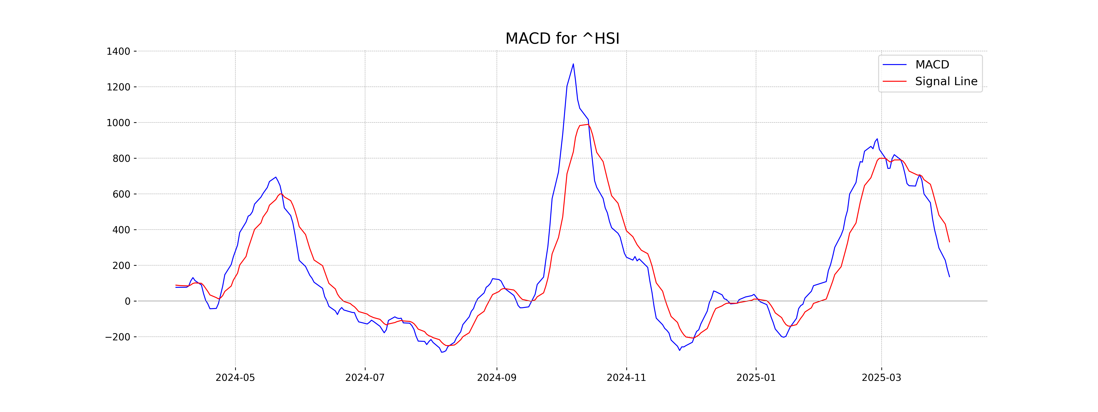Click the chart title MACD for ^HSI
tap(562, 39)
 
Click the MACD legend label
tap(932, 65)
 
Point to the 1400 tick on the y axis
tap(118, 51)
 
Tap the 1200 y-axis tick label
tap(118, 87)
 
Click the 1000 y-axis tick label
tap(118, 123)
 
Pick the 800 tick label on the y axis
tap(121, 159)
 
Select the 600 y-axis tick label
tap(121, 194)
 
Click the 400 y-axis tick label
tap(121, 230)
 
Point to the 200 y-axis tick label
tap(121, 266)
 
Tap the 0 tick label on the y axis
tap(127, 301)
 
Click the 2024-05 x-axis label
tap(235, 378)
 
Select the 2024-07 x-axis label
tap(365, 378)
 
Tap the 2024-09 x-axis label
tap(497, 378)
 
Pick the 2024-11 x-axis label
tap(626, 378)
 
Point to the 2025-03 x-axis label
tap(881, 378)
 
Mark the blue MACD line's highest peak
tap(573, 64)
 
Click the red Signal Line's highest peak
tap(588, 125)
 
